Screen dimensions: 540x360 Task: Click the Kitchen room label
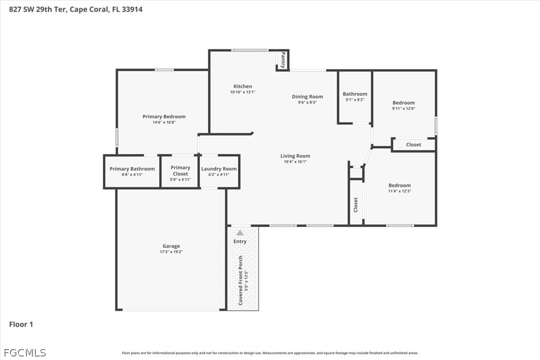click(x=243, y=87)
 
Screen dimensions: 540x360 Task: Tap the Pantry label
click(x=283, y=60)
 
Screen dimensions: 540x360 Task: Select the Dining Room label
click(x=307, y=97)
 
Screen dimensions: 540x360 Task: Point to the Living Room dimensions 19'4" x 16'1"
click(x=295, y=162)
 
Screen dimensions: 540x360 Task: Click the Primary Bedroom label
click(x=164, y=116)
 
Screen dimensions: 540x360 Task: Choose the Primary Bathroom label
click(x=132, y=169)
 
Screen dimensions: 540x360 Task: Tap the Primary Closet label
click(x=180, y=171)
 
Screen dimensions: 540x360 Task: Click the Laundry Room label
click(x=219, y=169)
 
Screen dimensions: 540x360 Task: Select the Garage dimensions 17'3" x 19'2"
click(x=171, y=252)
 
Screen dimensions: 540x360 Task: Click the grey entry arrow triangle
click(x=240, y=233)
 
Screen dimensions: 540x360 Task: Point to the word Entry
click(x=240, y=242)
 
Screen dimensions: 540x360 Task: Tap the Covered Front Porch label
click(x=240, y=280)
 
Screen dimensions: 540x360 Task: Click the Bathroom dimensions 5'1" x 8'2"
click(x=355, y=99)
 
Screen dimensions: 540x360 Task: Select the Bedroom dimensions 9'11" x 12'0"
click(x=404, y=108)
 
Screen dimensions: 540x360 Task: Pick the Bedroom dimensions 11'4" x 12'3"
click(x=399, y=191)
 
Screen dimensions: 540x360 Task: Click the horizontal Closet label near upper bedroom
click(x=414, y=145)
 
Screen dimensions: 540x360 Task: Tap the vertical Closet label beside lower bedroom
click(x=356, y=205)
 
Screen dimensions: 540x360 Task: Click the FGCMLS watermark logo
click(x=25, y=353)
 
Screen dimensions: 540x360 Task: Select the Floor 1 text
click(x=21, y=324)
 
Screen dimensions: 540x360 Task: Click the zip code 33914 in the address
click(x=132, y=9)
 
